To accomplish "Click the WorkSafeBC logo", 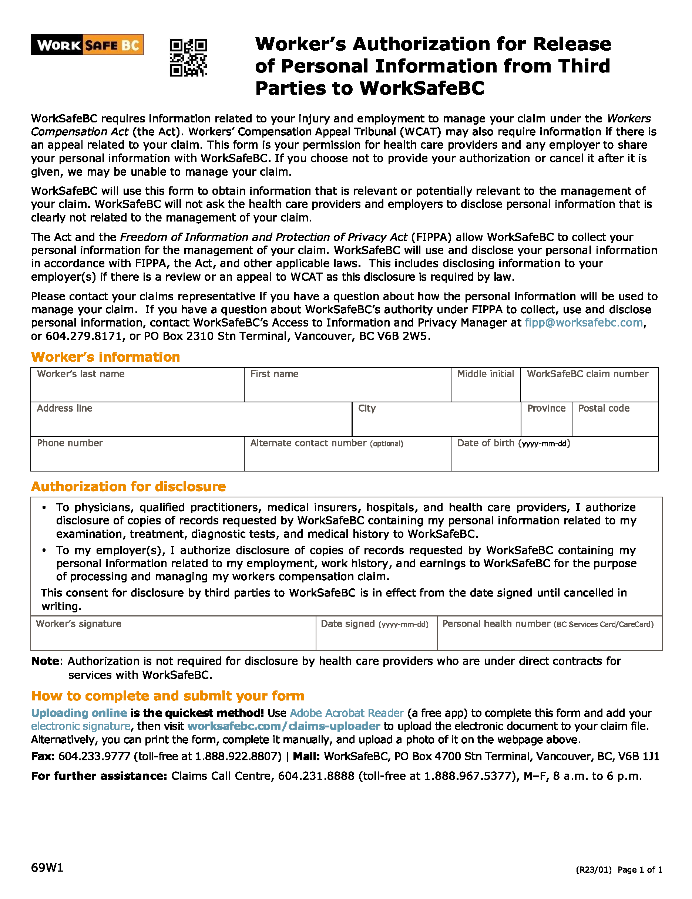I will click(x=87, y=44).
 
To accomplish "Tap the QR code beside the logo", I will click(x=188, y=58).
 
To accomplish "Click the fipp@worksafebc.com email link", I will click(x=583, y=323).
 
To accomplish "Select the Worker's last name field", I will click(x=137, y=389).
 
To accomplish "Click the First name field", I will click(x=347, y=389).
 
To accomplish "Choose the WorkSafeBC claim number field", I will click(x=589, y=389).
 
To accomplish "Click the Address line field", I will click(x=191, y=423).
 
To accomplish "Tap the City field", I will click(x=436, y=423).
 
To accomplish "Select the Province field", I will click(x=546, y=423).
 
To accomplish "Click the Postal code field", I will click(x=615, y=423).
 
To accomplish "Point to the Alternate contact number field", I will click(x=347, y=458).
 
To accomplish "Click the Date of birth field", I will click(x=554, y=458).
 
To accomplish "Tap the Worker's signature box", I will click(x=173, y=638).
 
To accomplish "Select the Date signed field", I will click(x=376, y=638).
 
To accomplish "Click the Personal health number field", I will click(x=550, y=638).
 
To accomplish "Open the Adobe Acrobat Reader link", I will click(x=347, y=713).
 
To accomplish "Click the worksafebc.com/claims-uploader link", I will click(x=283, y=726).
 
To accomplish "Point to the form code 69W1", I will click(x=47, y=868).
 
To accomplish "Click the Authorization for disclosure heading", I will click(x=128, y=487).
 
